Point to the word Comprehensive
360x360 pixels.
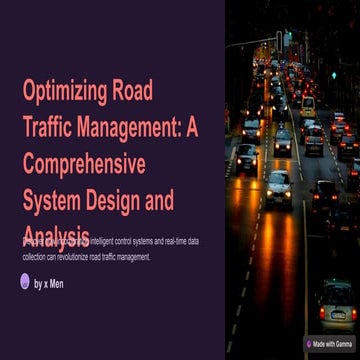click(83, 164)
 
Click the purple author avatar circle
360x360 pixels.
click(25, 282)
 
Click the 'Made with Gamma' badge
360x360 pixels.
click(331, 342)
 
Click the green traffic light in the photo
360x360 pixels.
click(333, 74)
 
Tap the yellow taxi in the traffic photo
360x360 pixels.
click(307, 105)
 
